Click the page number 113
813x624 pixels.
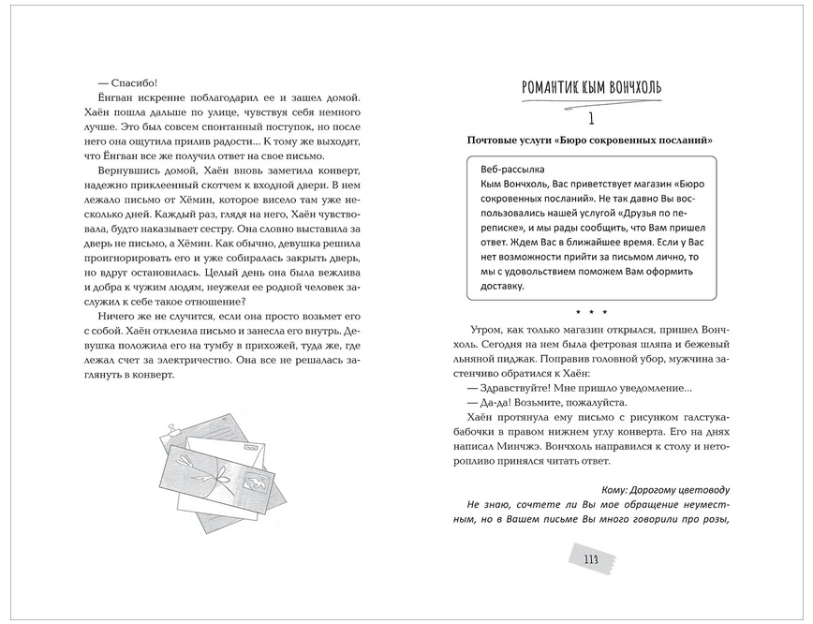(590, 560)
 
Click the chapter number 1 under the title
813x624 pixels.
(591, 119)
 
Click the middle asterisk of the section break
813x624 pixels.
(591, 311)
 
